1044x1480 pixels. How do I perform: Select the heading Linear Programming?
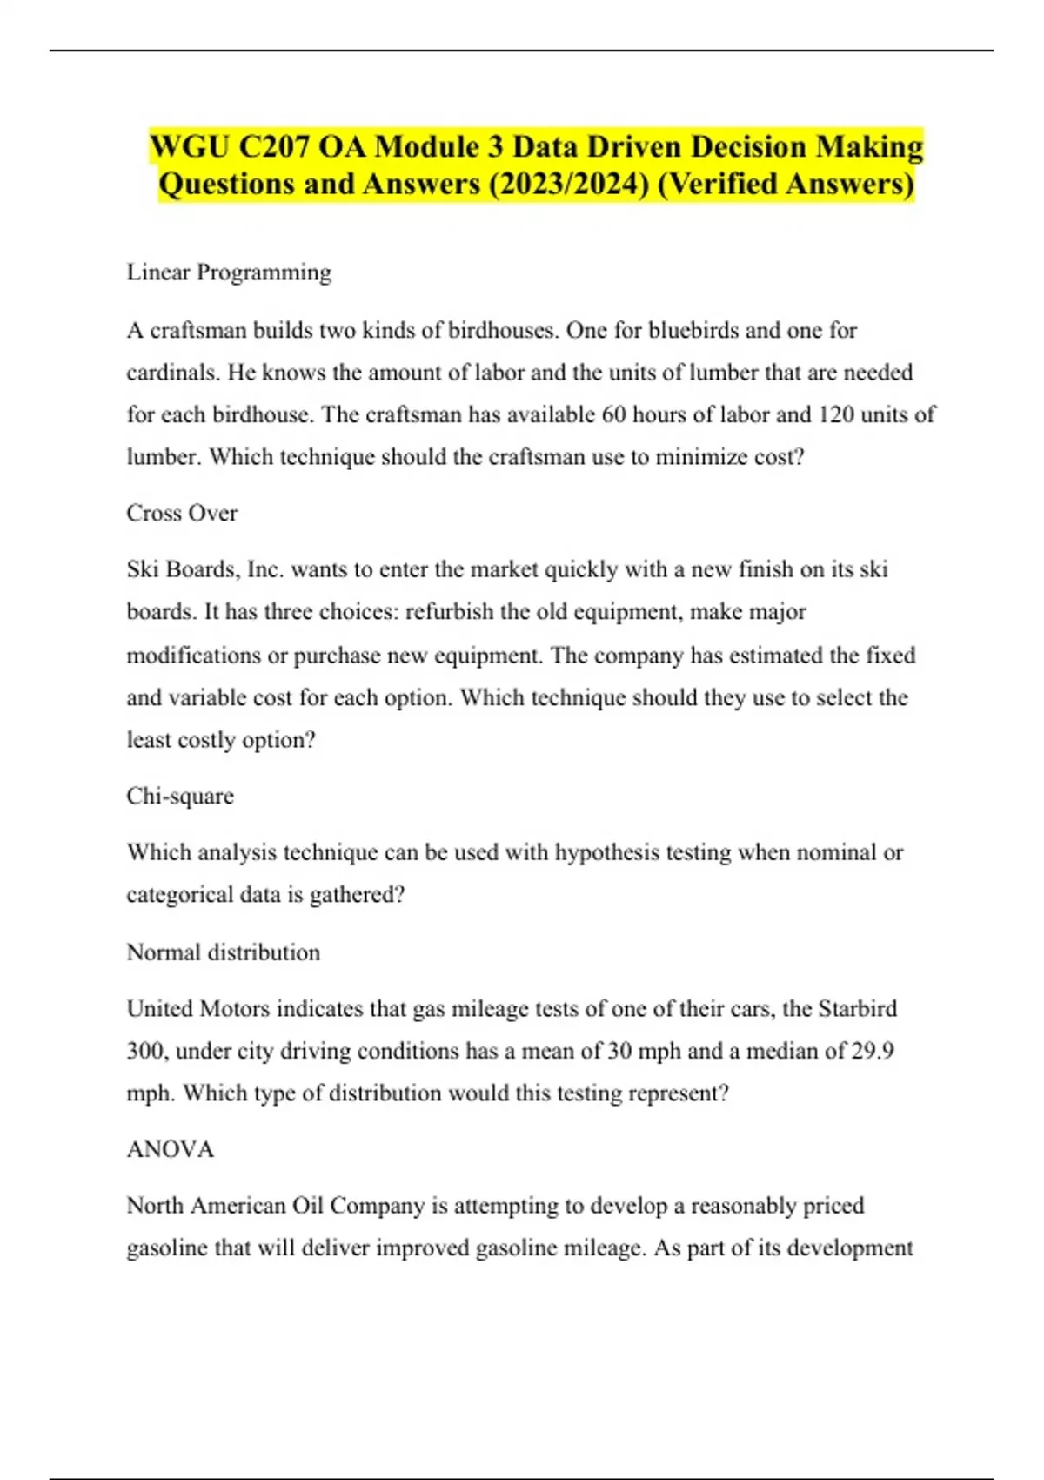click(229, 272)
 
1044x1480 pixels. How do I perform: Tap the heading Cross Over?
click(182, 513)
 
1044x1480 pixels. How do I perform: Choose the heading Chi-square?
click(180, 796)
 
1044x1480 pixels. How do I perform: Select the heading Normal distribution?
click(224, 952)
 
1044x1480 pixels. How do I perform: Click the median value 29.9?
click(872, 1051)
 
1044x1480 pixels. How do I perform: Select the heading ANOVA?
click(171, 1149)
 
